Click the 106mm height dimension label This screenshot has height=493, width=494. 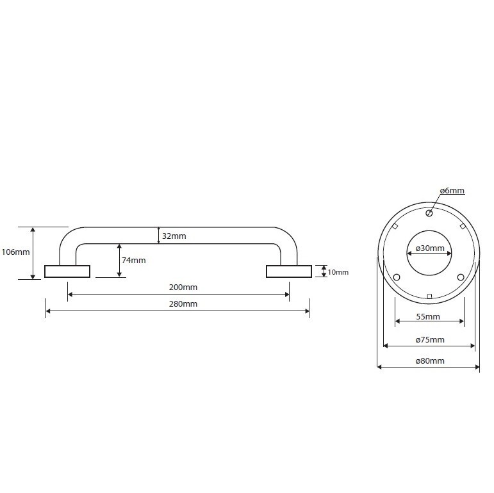[x=15, y=252]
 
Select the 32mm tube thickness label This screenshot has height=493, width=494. [x=174, y=236]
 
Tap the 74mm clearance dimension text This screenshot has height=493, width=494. [x=133, y=261]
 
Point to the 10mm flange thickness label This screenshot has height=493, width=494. [x=338, y=272]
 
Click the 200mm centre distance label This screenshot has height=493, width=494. [x=183, y=287]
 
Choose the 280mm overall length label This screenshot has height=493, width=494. [x=183, y=303]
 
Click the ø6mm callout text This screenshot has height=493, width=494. [x=452, y=190]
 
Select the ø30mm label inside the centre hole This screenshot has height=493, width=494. [x=430, y=248]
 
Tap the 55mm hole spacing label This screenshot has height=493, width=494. [x=428, y=317]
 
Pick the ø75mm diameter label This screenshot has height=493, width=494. [x=430, y=340]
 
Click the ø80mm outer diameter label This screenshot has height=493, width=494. [x=430, y=361]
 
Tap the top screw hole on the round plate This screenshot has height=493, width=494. [x=429, y=213]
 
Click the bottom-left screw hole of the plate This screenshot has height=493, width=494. [x=397, y=277]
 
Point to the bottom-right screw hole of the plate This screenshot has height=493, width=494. [x=461, y=277]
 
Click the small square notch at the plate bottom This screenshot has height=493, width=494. [x=429, y=296]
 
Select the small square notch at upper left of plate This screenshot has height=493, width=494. [x=395, y=227]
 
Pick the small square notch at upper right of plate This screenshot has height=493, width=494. [x=463, y=227]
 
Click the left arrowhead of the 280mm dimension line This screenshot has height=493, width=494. [x=48, y=311]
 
